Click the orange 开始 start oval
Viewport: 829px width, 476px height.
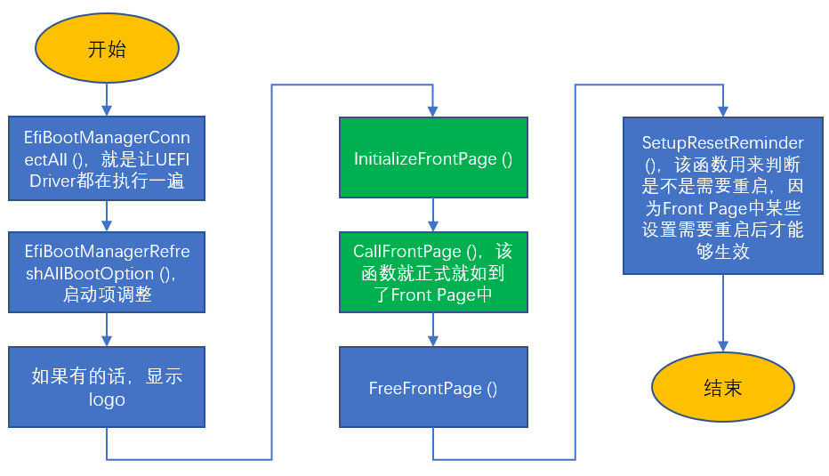tap(107, 48)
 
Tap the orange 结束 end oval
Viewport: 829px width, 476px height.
tap(723, 387)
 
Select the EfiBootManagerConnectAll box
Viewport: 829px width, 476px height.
tap(107, 158)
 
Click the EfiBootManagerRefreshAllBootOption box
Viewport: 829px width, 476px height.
tap(107, 272)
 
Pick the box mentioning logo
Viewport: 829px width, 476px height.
tap(107, 387)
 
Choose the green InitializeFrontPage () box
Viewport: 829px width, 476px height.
tap(433, 157)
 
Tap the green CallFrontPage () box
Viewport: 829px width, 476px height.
tap(433, 272)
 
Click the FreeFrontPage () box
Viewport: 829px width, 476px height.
tap(433, 387)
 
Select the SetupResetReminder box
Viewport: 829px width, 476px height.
tap(723, 196)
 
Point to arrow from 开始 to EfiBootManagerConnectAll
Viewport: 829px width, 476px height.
tap(107, 100)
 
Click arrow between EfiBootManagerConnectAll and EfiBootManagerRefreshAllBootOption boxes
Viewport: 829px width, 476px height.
tap(107, 216)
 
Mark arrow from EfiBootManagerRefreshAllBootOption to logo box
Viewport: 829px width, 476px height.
tap(107, 329)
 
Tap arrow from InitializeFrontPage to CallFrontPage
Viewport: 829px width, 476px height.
tap(433, 214)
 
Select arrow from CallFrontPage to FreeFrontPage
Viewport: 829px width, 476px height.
tap(433, 329)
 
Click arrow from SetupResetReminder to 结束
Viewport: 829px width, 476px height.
tap(723, 313)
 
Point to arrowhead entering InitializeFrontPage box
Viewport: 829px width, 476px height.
tap(433, 111)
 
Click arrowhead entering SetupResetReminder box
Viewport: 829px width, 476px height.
tap(723, 111)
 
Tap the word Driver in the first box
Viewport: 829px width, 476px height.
tap(52, 181)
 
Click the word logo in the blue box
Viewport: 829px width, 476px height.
tap(107, 399)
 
